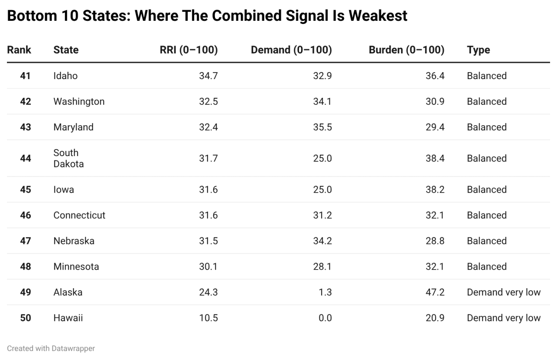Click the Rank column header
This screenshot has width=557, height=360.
(19, 50)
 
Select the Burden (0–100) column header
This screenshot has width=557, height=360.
(406, 50)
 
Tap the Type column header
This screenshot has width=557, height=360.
(478, 50)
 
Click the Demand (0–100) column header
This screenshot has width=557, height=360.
(291, 50)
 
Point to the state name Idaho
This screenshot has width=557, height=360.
(65, 76)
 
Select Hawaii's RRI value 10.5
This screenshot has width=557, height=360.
(208, 318)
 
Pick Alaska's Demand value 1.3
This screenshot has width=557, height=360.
(325, 292)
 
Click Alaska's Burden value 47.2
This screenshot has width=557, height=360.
(435, 292)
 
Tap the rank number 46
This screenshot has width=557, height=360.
(26, 215)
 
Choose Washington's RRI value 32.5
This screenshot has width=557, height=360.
(208, 101)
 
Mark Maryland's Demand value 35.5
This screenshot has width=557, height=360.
(322, 127)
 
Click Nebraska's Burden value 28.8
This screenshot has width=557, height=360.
(435, 241)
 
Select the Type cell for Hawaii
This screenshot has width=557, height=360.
(503, 318)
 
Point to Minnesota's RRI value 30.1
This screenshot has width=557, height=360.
(208, 267)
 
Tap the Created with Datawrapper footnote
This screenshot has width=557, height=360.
(51, 348)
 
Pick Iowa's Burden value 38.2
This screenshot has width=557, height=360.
(435, 190)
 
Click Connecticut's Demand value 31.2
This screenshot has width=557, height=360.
(322, 215)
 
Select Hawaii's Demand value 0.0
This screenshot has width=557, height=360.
(325, 318)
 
